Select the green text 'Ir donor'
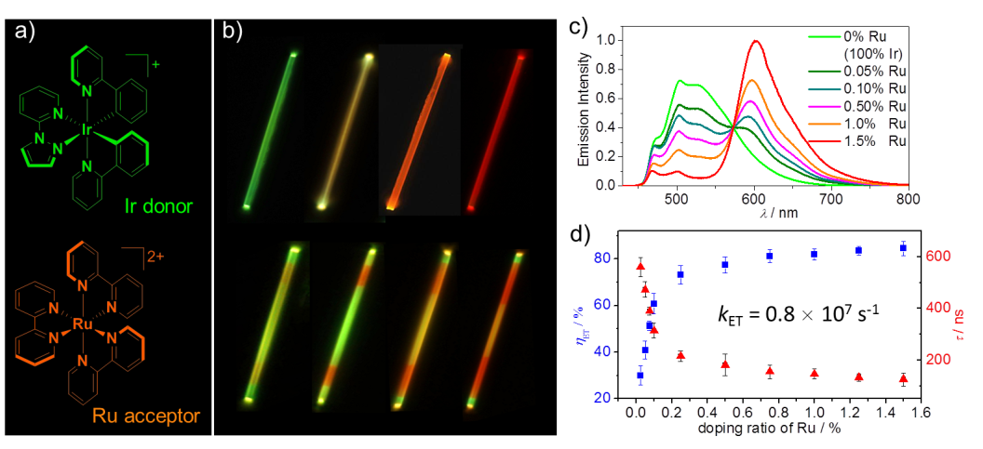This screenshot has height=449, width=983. (161, 205)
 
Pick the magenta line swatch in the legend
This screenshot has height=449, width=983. (825, 105)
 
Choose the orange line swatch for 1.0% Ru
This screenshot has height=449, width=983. (825, 123)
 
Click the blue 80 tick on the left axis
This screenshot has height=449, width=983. (603, 258)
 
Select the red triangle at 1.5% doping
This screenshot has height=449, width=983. (903, 378)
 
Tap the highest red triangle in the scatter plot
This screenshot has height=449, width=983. (640, 267)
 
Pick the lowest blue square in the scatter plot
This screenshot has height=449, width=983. (640, 375)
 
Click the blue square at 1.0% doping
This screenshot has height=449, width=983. (815, 254)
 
